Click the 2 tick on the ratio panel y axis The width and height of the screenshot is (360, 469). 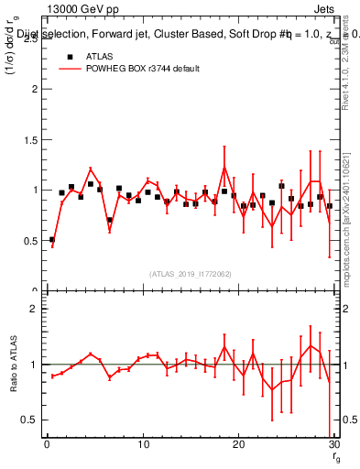[x=33, y=309]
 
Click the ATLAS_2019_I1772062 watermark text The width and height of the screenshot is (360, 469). [x=191, y=273]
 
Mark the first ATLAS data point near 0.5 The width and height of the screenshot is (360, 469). [x=52, y=239]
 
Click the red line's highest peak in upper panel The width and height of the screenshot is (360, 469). [x=224, y=167]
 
